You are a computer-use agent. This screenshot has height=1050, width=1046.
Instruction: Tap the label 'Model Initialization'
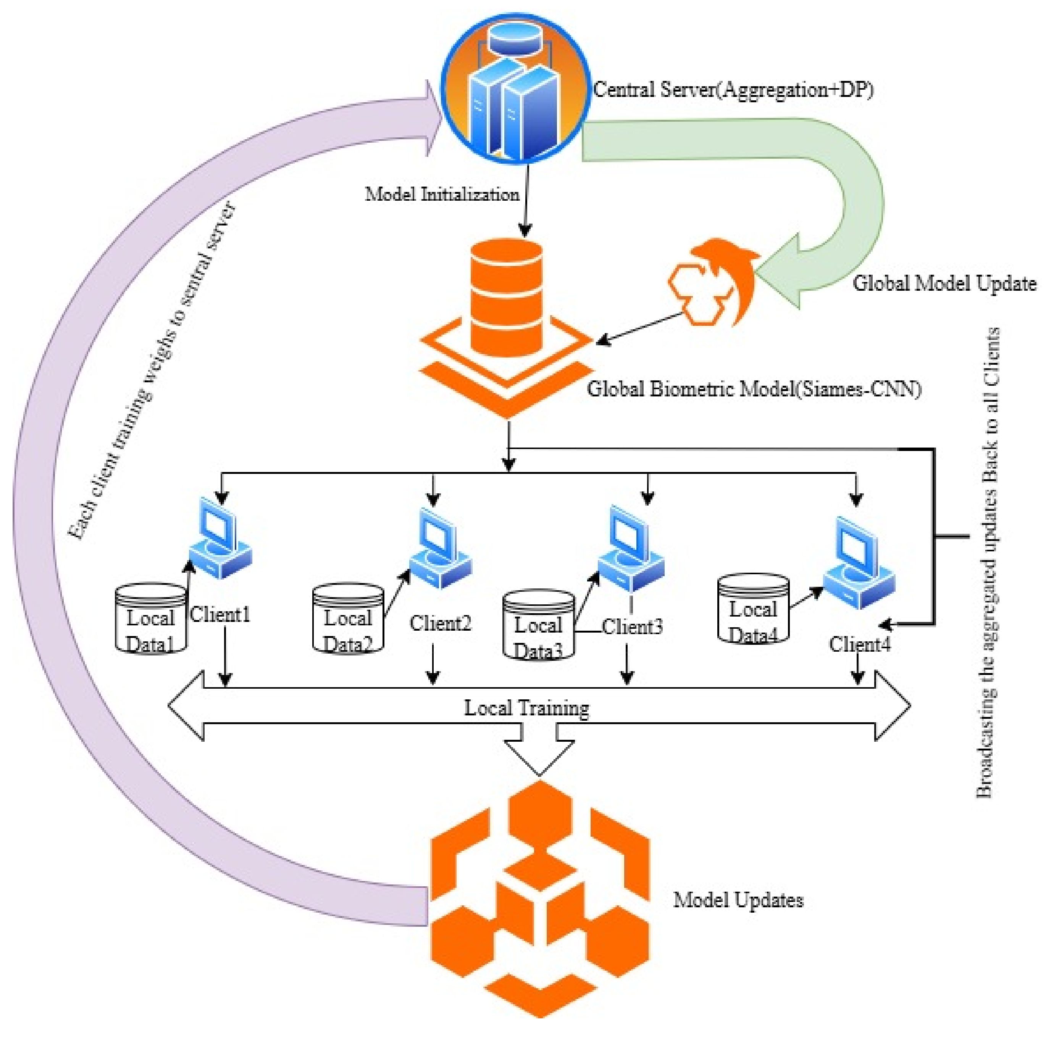tap(441, 194)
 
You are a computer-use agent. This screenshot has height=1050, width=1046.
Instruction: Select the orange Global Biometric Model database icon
tap(507, 320)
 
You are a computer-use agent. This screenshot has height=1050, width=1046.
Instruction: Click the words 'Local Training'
tap(526, 708)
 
